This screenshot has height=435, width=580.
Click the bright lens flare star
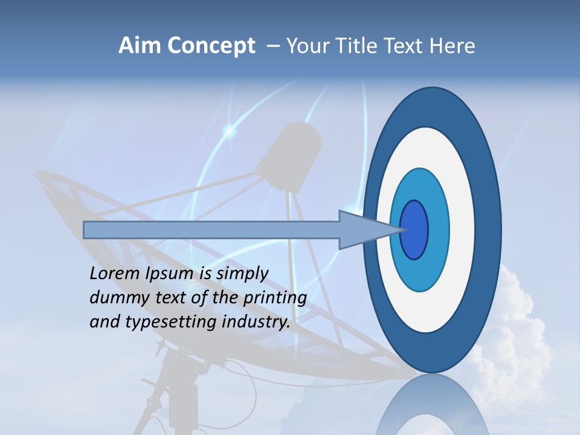[230, 130]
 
